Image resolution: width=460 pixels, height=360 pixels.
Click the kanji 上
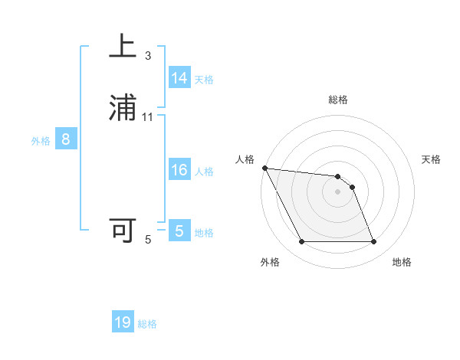[123, 47]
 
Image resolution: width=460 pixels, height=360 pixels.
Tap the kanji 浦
[123, 108]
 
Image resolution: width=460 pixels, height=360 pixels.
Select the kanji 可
[123, 231]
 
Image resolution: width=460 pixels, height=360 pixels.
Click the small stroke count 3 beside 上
[148, 56]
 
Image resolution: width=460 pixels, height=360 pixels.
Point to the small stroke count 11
[148, 117]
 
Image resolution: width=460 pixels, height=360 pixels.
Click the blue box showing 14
[179, 78]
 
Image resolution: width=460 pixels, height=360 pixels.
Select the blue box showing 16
[179, 170]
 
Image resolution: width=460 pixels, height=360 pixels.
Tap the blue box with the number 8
[66, 139]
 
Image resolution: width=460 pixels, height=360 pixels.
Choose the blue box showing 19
[123, 322]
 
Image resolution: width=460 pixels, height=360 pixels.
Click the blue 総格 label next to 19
[147, 324]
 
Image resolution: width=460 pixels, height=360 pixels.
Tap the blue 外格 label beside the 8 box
[40, 141]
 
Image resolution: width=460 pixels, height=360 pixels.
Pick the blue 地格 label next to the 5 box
[204, 233]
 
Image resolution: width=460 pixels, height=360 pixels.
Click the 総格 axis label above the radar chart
[338, 100]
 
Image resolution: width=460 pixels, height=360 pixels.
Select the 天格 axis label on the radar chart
[432, 159]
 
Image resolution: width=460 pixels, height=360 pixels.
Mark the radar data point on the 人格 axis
[264, 168]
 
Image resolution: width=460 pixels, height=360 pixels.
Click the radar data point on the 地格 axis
[374, 242]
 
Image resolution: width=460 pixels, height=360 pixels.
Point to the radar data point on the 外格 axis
[301, 242]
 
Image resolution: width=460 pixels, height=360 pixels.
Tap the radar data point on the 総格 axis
[338, 175]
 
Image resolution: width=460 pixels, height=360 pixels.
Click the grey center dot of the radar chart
[338, 191]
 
